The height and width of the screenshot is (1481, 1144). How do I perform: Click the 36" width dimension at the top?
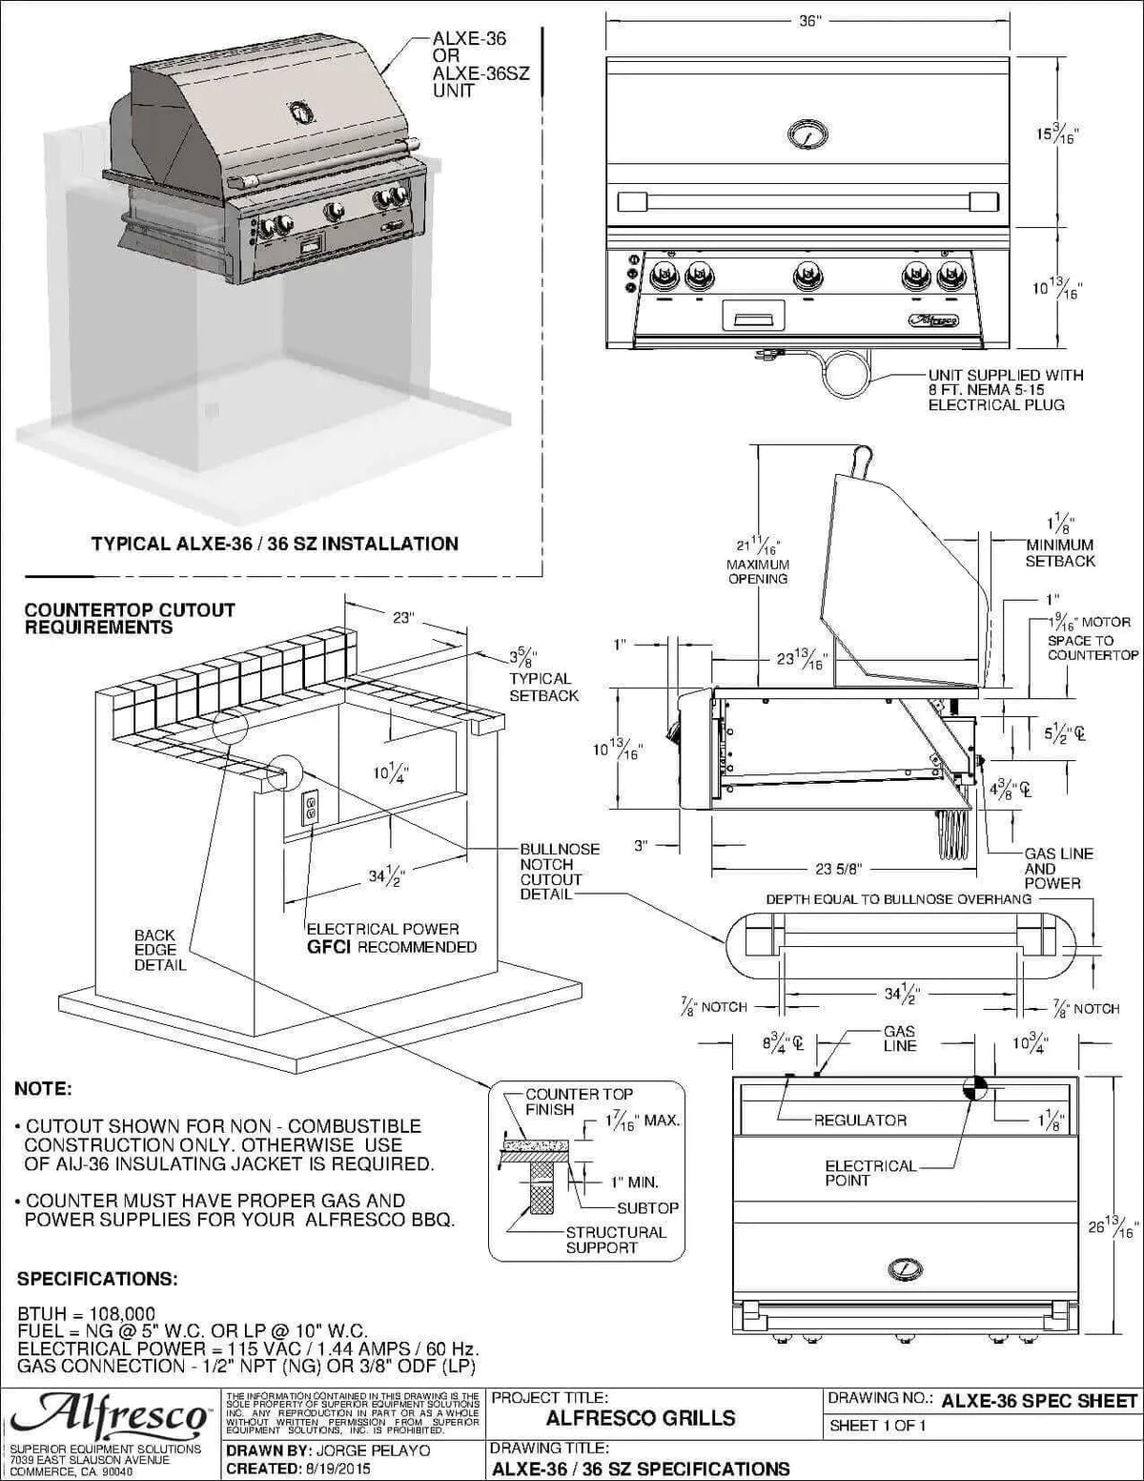pyautogui.click(x=808, y=21)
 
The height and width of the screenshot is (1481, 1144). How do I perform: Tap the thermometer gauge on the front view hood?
pyautogui.click(x=808, y=134)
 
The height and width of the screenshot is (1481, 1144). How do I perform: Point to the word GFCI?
pyautogui.click(x=330, y=947)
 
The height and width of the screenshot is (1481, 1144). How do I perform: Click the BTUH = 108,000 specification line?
pyautogui.click(x=87, y=1313)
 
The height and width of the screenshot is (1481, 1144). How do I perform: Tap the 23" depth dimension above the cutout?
pyautogui.click(x=403, y=618)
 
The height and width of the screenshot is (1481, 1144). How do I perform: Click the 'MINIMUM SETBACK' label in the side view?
pyautogui.click(x=1060, y=553)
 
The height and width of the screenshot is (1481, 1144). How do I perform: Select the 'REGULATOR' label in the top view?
pyautogui.click(x=860, y=1120)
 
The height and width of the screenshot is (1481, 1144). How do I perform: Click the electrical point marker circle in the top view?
pyautogui.click(x=976, y=1088)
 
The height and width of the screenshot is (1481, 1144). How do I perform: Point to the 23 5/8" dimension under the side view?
pyautogui.click(x=839, y=869)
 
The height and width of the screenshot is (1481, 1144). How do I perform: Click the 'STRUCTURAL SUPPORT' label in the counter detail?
pyautogui.click(x=616, y=1240)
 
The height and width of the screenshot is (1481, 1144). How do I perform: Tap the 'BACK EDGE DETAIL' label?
pyautogui.click(x=159, y=950)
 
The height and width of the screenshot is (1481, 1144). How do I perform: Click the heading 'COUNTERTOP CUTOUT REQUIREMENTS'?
pyautogui.click(x=130, y=618)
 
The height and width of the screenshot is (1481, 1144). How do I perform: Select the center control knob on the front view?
pyautogui.click(x=808, y=277)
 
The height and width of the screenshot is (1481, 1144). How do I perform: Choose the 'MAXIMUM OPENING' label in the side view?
pyautogui.click(x=758, y=571)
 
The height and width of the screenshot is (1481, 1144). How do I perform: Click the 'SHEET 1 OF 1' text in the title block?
pyautogui.click(x=878, y=1426)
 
